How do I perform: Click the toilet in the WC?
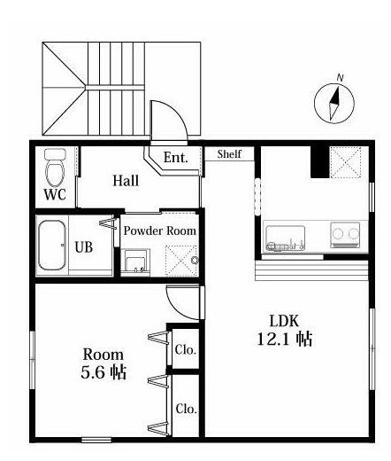point(55,168)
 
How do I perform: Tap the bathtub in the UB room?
point(52,246)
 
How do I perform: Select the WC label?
point(55,194)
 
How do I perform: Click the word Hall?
point(126,181)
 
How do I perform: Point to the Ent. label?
point(176,157)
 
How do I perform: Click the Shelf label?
point(229,154)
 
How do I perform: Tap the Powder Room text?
point(159,230)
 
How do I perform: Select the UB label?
point(84,247)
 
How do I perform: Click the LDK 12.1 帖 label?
point(285,330)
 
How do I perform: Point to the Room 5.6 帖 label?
point(103,363)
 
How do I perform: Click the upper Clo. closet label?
point(186,349)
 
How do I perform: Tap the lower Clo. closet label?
point(187,409)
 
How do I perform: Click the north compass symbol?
point(334,104)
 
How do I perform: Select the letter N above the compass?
point(341,78)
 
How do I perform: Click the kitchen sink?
point(286,238)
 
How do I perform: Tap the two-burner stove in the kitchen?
point(345,234)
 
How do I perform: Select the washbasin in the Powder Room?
point(135,262)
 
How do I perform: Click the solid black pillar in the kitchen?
point(320,162)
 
